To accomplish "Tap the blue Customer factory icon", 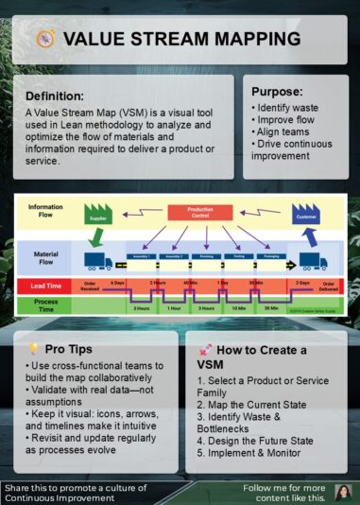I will pyautogui.click(x=307, y=213).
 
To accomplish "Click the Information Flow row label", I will pyautogui.click(x=45, y=211).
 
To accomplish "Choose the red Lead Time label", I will pyautogui.click(x=45, y=286).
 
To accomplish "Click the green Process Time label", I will pyautogui.click(x=45, y=305).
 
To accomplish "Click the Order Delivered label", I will pyautogui.click(x=330, y=286).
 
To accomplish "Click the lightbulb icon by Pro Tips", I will pyautogui.click(x=33, y=349).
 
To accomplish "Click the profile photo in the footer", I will pyautogui.click(x=343, y=492).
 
